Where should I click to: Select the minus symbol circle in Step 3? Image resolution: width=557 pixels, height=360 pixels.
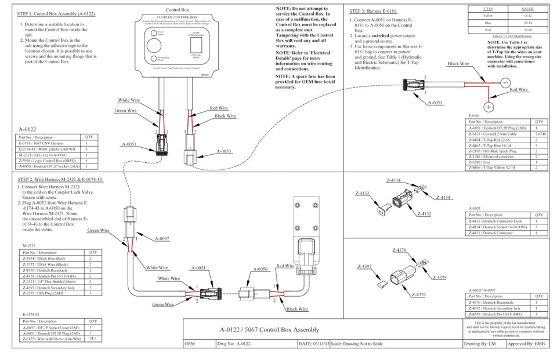pos(506,82)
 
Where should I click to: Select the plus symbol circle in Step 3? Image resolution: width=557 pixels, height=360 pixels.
pos(489,107)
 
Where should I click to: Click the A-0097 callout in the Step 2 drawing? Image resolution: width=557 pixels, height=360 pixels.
pos(162,238)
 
